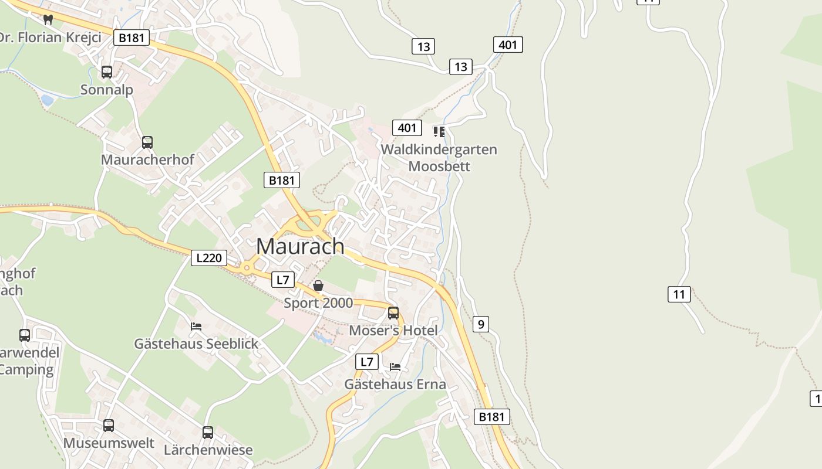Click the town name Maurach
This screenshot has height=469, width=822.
300,246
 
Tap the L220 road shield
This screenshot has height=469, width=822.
208,257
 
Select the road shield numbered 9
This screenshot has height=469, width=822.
480,324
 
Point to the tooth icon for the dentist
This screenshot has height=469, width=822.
48,19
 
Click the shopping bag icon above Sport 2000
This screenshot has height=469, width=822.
318,286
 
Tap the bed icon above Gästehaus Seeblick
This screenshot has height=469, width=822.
196,326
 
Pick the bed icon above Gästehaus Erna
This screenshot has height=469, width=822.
395,367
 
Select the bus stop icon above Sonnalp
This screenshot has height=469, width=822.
107,72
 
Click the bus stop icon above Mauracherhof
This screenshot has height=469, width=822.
147,142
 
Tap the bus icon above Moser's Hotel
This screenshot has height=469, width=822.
393,312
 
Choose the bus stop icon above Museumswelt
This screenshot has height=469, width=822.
109,426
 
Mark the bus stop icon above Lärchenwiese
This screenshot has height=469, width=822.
208,433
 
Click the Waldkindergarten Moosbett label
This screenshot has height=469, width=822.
439,158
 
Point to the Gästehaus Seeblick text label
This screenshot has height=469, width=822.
196,344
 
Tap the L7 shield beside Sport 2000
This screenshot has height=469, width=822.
283,280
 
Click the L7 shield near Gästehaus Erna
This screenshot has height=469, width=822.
367,362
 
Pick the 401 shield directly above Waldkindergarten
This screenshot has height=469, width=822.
407,128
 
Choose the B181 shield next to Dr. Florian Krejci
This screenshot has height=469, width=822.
132,38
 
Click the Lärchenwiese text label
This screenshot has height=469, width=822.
208,450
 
